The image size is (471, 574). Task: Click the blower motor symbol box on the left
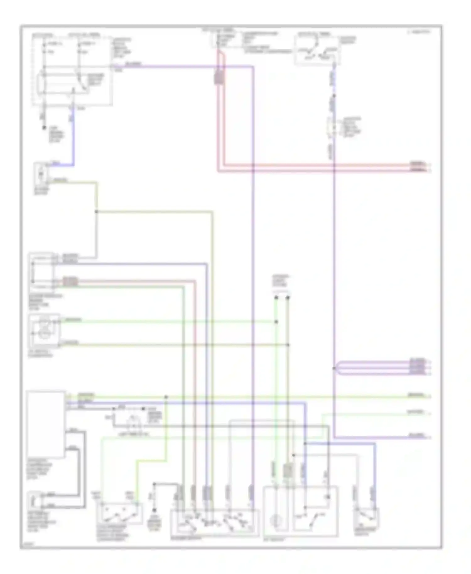tap(41, 173)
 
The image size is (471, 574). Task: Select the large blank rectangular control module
tap(46, 424)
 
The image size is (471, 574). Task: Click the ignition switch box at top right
tap(317, 50)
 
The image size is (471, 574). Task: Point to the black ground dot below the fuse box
tap(44, 128)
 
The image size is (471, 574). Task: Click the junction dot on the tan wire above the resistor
tap(96, 212)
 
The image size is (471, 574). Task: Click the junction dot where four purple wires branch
tap(334, 368)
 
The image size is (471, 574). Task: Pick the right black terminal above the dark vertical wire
tap(288, 297)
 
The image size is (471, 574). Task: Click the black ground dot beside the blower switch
tap(154, 511)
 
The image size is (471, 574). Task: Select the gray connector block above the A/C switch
tap(288, 471)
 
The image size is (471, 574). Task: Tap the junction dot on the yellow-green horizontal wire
tap(166, 397)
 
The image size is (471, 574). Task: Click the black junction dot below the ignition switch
tap(334, 96)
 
